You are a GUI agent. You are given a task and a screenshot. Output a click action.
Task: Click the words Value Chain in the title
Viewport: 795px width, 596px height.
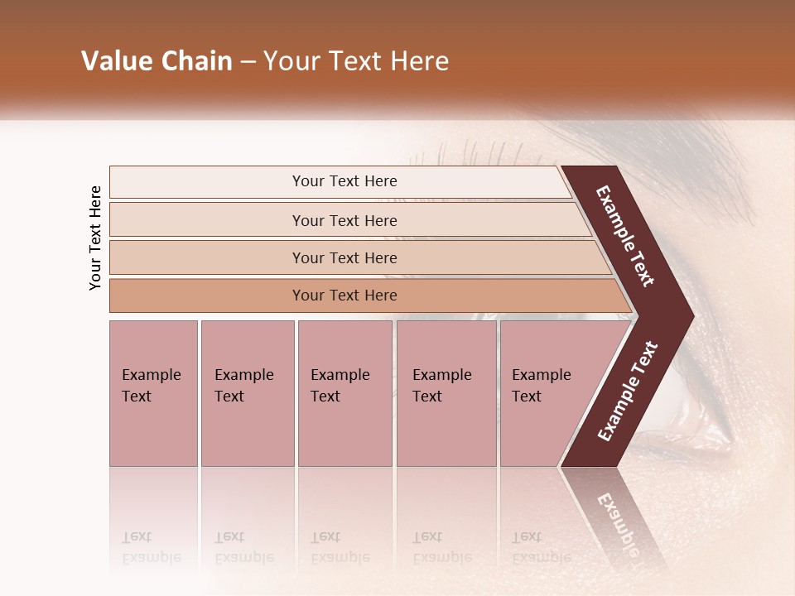point(157,61)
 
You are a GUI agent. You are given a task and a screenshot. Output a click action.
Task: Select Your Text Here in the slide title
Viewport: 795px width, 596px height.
point(356,61)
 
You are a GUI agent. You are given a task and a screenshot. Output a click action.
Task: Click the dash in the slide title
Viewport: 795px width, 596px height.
point(248,62)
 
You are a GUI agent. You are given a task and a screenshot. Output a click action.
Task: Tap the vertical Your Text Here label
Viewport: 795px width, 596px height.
point(95,238)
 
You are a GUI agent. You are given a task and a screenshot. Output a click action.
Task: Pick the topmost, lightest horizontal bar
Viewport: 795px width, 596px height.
point(344,181)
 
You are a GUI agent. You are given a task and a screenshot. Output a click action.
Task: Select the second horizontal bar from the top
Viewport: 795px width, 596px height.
point(344,220)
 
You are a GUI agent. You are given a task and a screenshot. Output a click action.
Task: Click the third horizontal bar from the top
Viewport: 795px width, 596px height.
point(344,257)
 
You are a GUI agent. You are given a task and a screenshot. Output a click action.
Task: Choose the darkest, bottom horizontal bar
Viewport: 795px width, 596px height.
point(344,296)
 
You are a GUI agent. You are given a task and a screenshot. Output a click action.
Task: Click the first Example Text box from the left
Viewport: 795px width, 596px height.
point(153,393)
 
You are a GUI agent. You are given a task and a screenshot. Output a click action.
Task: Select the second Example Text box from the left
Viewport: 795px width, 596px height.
point(247,393)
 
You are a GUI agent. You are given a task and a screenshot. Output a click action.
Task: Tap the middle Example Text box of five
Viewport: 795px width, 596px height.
point(344,393)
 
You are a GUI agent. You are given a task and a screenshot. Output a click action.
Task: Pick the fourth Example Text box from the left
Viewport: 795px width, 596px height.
point(446,393)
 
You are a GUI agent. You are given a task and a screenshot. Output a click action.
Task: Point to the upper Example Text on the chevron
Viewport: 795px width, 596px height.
point(625,236)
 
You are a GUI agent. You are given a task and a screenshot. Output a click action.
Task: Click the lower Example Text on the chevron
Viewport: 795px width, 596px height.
point(628,391)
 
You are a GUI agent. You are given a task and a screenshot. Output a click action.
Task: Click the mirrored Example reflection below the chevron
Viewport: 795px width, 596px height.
point(617,521)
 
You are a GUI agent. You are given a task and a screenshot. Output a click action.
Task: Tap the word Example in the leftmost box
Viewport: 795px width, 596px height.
point(151,375)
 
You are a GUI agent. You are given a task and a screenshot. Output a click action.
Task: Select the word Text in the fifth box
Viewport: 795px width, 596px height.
point(526,397)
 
